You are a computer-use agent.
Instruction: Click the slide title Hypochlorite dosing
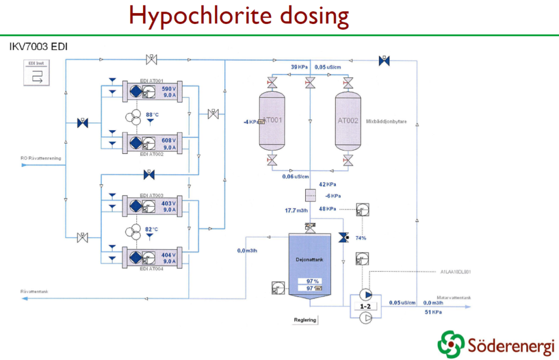(x=239, y=16)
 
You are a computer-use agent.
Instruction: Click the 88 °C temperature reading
(x=152, y=115)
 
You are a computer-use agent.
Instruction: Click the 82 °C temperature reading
(x=152, y=229)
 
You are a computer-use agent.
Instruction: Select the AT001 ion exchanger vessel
(x=271, y=121)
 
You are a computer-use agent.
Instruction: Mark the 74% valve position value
(x=360, y=238)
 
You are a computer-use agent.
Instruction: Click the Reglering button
(x=305, y=320)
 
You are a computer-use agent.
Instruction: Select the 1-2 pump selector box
(x=365, y=307)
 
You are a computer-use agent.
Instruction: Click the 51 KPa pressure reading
(x=434, y=312)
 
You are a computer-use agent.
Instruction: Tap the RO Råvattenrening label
(x=41, y=158)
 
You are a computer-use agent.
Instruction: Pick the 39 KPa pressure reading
(x=300, y=67)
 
